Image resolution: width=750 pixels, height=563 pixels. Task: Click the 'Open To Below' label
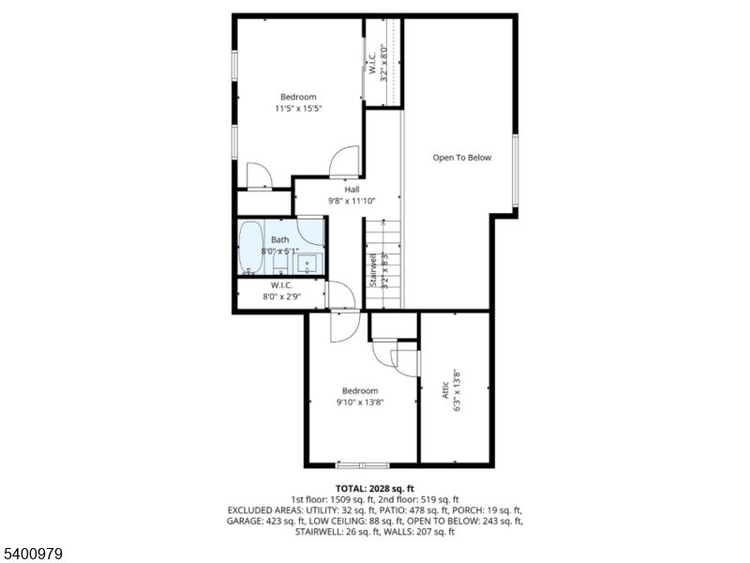click(461, 158)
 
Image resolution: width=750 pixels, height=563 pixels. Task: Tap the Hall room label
click(352, 190)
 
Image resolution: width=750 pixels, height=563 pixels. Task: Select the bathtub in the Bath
click(250, 247)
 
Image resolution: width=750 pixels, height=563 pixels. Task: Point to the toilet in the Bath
click(279, 264)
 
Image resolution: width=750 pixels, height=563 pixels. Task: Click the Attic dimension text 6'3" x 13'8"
click(457, 391)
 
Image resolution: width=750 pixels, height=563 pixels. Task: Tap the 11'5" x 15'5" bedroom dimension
click(298, 109)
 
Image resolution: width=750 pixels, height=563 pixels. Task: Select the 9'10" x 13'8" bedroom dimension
click(360, 403)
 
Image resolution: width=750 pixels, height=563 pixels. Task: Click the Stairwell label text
click(373, 270)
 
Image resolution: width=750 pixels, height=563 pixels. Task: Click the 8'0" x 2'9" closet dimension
click(281, 297)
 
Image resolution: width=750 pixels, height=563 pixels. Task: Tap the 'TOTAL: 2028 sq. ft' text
click(374, 489)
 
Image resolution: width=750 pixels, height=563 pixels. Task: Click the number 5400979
click(32, 554)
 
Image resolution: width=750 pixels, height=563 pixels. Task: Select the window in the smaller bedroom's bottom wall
click(363, 464)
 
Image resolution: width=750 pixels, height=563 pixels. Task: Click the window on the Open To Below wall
click(515, 171)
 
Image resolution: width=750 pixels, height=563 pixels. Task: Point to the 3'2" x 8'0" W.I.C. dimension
click(383, 63)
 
